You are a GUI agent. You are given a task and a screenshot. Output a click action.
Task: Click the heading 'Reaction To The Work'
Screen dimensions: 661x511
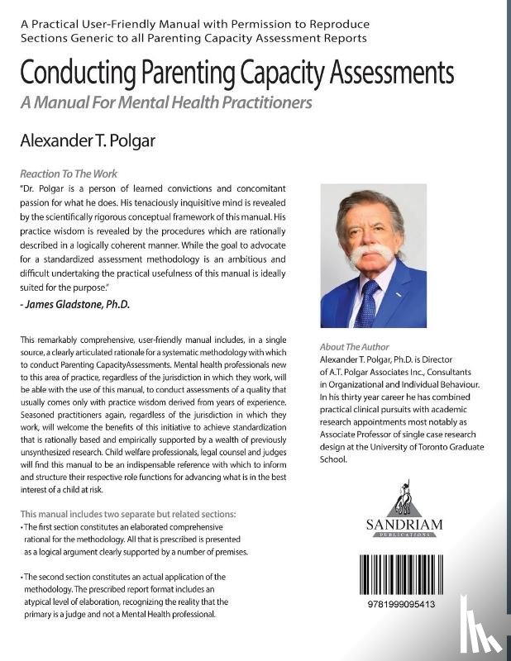pyautogui.click(x=69, y=174)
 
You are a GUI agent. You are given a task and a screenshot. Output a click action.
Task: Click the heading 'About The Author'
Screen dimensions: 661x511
pyautogui.click(x=354, y=347)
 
